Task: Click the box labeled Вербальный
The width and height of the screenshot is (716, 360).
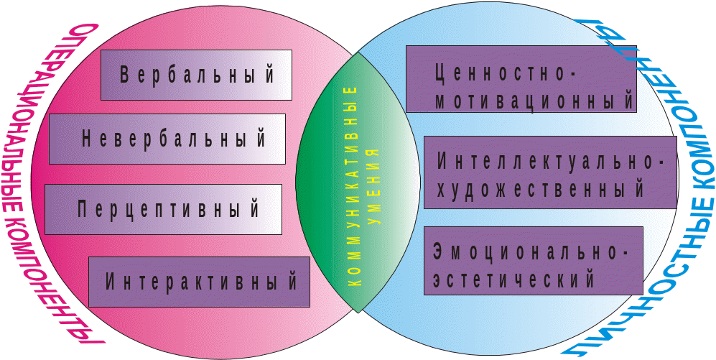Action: click(x=196, y=75)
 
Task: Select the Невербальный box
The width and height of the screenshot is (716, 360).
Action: click(x=167, y=139)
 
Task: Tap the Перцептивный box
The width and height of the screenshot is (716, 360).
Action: click(x=162, y=209)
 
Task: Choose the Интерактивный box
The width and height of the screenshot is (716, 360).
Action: click(x=199, y=281)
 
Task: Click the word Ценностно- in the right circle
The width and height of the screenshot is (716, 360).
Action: click(x=506, y=73)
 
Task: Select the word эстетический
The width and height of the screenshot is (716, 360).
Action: click(x=514, y=278)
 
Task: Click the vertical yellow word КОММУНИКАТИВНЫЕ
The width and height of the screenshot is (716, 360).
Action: click(x=352, y=187)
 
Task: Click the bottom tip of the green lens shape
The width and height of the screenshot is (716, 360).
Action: click(x=357, y=313)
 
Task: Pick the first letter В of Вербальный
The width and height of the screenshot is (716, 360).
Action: click(x=124, y=75)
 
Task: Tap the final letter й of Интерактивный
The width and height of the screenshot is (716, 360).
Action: click(x=292, y=281)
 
